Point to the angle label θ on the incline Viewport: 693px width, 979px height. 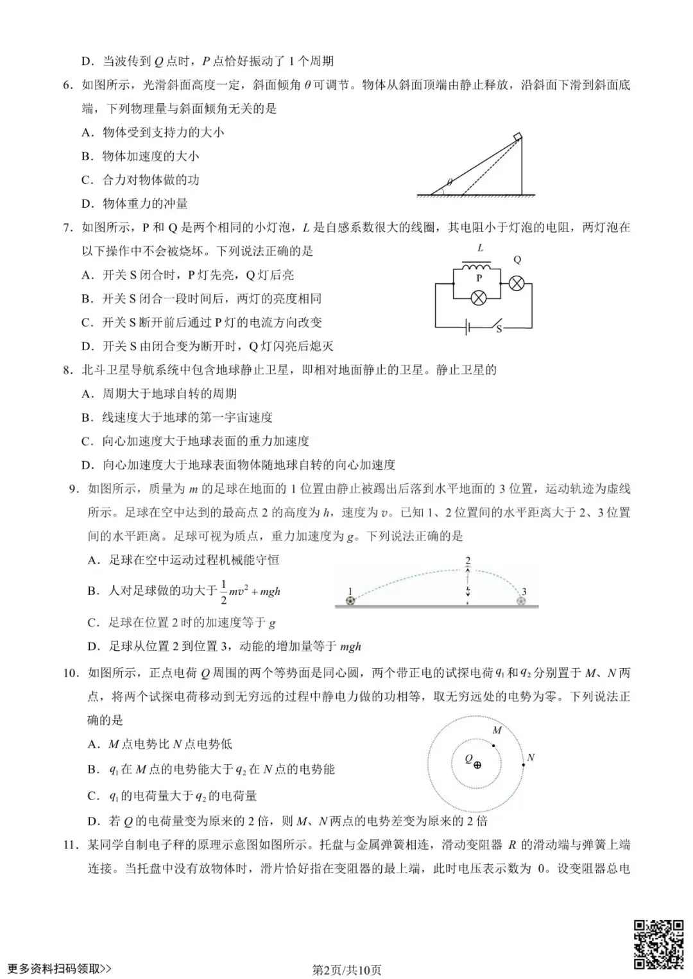[x=450, y=182]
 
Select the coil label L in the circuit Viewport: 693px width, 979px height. [x=481, y=248]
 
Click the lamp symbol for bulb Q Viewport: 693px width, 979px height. [x=517, y=283]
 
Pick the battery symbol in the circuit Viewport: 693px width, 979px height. [x=469, y=328]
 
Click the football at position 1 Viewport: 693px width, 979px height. [x=350, y=601]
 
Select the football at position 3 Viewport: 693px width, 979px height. [x=521, y=601]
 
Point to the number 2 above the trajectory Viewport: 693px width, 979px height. [x=468, y=561]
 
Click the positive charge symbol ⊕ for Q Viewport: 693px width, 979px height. [x=477, y=764]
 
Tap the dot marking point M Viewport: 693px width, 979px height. [x=493, y=745]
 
